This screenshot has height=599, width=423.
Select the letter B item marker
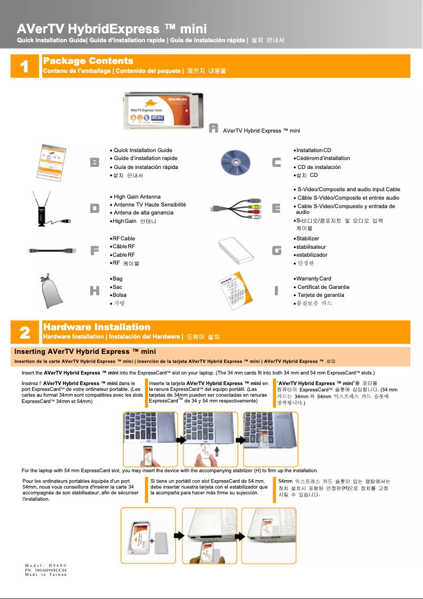[94, 163]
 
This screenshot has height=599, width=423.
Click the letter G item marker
[276, 251]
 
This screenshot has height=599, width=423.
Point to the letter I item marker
[276, 291]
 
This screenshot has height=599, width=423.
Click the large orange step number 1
[24, 66]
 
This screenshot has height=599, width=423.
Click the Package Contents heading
[88, 61]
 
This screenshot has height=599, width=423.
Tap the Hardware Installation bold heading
[97, 327]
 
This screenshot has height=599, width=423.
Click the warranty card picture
[235, 291]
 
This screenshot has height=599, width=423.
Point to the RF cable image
[50, 251]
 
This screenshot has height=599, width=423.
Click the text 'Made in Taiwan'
[46, 575]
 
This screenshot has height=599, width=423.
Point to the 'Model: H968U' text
[46, 565]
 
